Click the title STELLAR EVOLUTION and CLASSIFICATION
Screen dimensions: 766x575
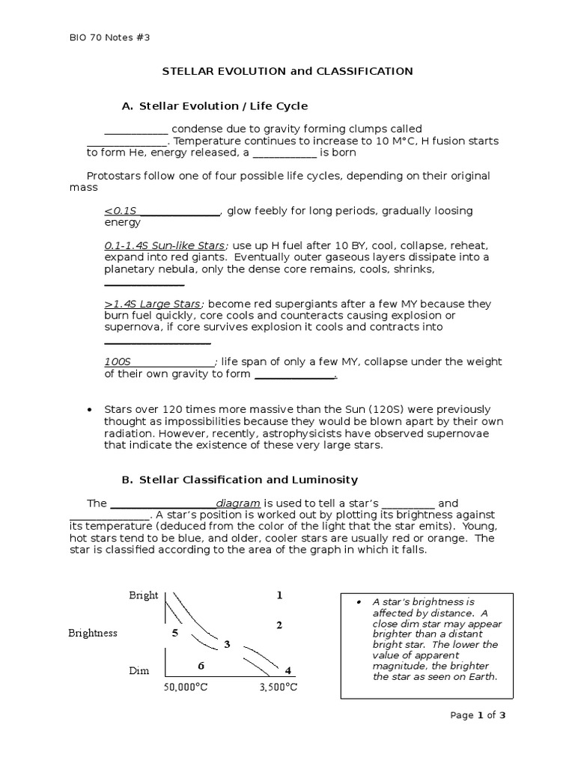[288, 71]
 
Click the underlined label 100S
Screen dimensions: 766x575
[118, 362]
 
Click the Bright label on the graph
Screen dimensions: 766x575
[143, 595]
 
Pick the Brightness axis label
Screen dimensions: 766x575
[93, 633]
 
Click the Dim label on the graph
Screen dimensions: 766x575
[139, 670]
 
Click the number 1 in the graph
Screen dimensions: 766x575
[279, 595]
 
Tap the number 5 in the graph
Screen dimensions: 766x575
[174, 633]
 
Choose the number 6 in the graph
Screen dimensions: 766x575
[200, 666]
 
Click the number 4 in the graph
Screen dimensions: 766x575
[287, 670]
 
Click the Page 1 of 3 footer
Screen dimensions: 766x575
[478, 715]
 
